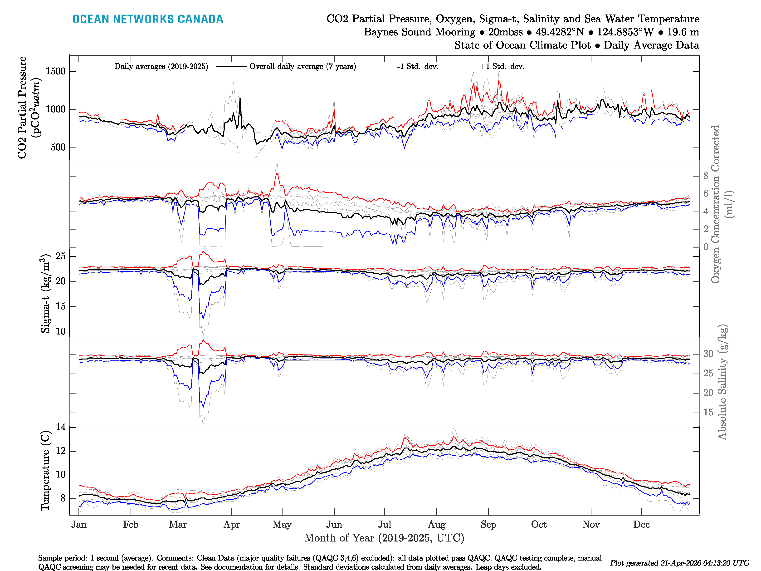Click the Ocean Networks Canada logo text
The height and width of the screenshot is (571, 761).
(x=148, y=19)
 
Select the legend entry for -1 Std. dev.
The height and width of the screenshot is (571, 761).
(x=417, y=66)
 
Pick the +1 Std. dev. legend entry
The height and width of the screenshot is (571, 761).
(x=502, y=66)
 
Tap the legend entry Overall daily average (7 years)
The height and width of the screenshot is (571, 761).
(x=302, y=66)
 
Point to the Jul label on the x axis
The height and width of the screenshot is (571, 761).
(x=384, y=524)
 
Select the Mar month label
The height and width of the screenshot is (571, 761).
(x=177, y=524)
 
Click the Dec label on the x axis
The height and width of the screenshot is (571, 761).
(x=641, y=524)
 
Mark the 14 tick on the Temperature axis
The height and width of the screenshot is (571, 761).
(x=61, y=427)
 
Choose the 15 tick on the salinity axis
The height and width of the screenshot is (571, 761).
(x=708, y=412)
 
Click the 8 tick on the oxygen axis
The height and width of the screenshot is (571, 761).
(x=706, y=176)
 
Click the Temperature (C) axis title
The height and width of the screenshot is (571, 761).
(x=45, y=471)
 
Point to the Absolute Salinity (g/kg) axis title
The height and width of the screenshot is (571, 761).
(x=722, y=382)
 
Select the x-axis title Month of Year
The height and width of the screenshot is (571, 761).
(x=384, y=538)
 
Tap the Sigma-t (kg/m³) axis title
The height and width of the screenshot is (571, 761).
(x=45, y=293)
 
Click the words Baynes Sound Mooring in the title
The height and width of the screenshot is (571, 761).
(x=419, y=32)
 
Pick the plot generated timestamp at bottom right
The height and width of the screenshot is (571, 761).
(x=679, y=563)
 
